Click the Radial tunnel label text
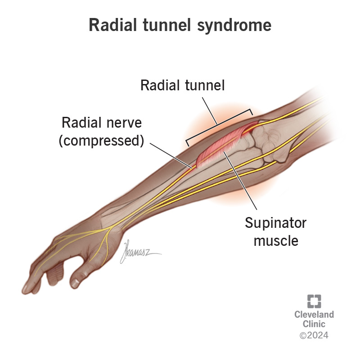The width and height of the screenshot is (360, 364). tap(182, 85)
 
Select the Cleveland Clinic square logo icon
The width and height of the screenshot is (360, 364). tap(315, 301)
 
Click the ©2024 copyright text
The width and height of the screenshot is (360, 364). tap(314, 335)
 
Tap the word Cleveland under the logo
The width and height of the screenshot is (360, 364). tap(314, 314)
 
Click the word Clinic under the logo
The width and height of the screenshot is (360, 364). tap(314, 324)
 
